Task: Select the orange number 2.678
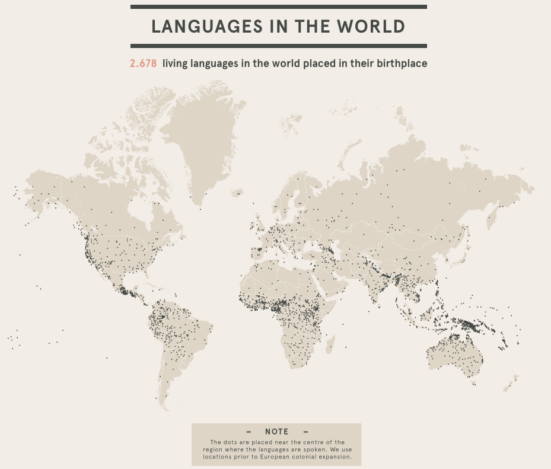click(x=144, y=63)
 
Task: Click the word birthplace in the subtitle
click(x=402, y=63)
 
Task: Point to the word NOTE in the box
click(x=276, y=432)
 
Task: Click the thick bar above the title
click(x=278, y=7)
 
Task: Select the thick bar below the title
click(x=278, y=46)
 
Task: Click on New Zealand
click(x=511, y=382)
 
